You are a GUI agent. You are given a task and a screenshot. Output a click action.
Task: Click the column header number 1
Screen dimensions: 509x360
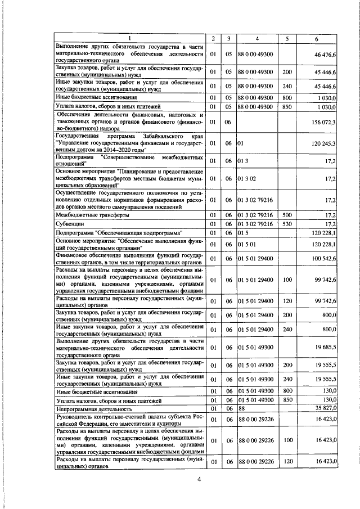click(x=129, y=38)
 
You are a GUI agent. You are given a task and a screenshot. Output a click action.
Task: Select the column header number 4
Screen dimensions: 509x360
click(x=256, y=38)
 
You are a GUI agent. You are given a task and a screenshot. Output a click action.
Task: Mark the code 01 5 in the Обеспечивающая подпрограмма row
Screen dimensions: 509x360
click(x=244, y=232)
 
